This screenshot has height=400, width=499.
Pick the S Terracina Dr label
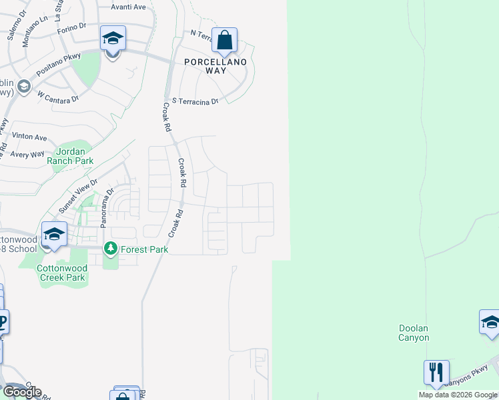(195, 101)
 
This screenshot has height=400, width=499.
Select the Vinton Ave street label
(29, 137)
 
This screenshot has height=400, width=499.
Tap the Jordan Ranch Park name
(69, 156)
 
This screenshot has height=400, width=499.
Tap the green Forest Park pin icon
(111, 249)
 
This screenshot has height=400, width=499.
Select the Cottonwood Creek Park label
(62, 273)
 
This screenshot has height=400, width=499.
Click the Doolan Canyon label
(414, 333)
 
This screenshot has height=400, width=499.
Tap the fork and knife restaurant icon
(436, 371)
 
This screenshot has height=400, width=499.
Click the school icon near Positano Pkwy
(113, 39)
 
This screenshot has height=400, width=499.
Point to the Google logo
(22, 392)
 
